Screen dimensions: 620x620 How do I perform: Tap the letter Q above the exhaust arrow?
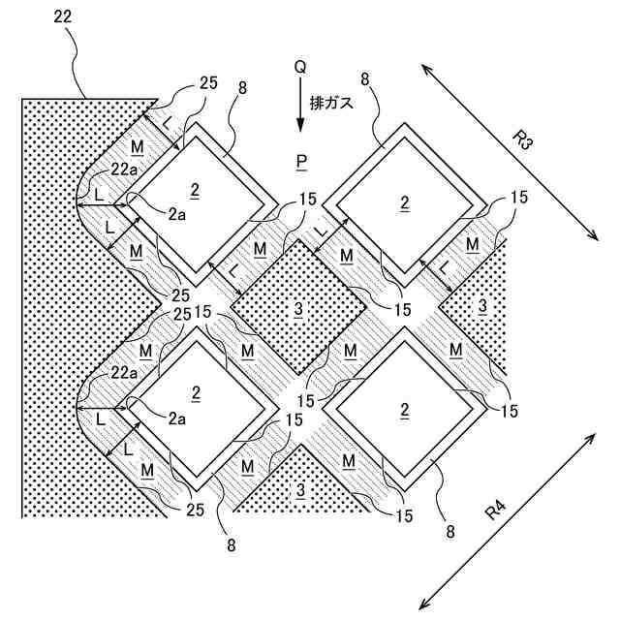pyautogui.click(x=300, y=68)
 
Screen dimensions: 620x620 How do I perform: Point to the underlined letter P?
pyautogui.click(x=301, y=159)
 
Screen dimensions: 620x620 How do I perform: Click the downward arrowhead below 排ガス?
pyautogui.click(x=300, y=126)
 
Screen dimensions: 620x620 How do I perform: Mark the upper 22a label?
pyautogui.click(x=123, y=170)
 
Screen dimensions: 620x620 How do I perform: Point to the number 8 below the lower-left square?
pyautogui.click(x=232, y=545)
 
